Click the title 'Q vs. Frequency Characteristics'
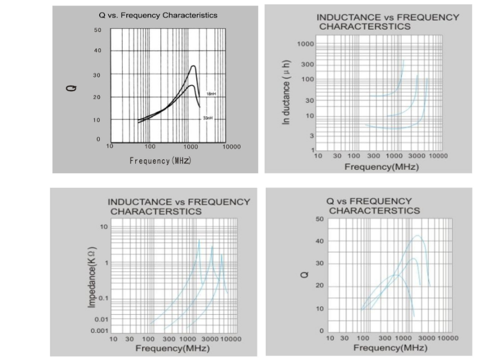click(x=158, y=15)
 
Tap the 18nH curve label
click(x=211, y=94)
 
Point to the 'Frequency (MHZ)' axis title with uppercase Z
click(x=160, y=160)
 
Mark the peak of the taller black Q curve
click(x=193, y=66)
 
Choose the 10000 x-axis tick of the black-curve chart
click(x=231, y=147)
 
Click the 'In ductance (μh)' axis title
click(x=288, y=92)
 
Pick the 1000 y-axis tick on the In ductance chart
click(x=306, y=45)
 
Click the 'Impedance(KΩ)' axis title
click(x=92, y=277)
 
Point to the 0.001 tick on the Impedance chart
click(x=99, y=331)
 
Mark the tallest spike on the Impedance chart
click(x=199, y=240)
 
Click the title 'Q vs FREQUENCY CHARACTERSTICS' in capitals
click(x=373, y=205)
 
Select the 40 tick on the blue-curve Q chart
click(x=320, y=242)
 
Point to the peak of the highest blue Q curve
click(x=417, y=236)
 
